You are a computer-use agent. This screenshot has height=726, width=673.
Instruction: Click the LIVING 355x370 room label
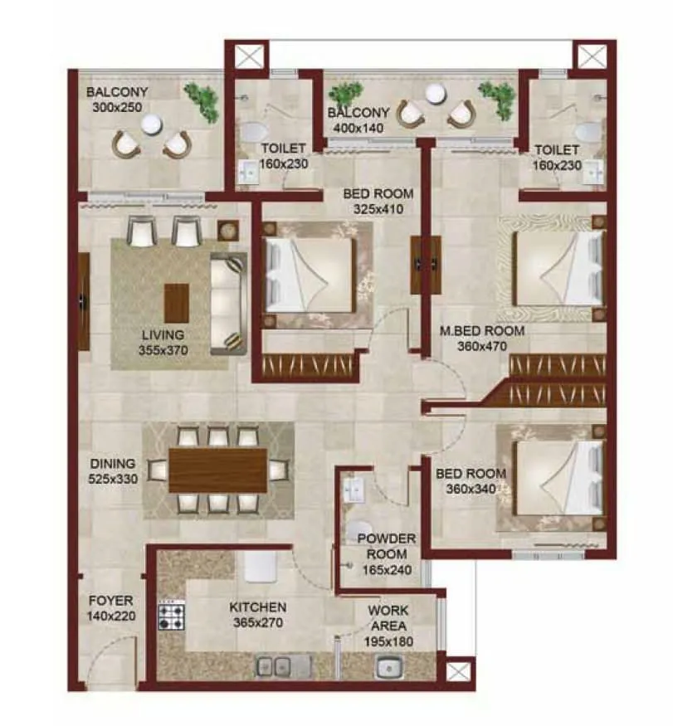pyautogui.click(x=163, y=342)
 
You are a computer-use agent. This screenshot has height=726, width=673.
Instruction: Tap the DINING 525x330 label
pyautogui.click(x=112, y=471)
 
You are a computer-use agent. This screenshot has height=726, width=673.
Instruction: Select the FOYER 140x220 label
pyautogui.click(x=110, y=607)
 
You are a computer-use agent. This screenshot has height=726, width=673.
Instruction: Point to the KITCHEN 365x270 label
pyautogui.click(x=258, y=615)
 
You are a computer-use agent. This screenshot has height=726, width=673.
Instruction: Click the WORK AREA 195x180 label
pyautogui.click(x=388, y=626)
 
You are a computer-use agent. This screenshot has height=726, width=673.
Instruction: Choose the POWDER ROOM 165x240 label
pyautogui.click(x=382, y=554)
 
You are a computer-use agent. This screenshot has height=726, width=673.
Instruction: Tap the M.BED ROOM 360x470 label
pyautogui.click(x=482, y=339)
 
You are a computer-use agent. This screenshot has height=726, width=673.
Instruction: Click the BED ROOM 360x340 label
pyautogui.click(x=466, y=481)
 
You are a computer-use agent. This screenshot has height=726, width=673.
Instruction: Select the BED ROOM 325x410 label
pyautogui.click(x=378, y=202)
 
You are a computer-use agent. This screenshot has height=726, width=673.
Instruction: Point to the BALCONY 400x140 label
pyautogui.click(x=358, y=121)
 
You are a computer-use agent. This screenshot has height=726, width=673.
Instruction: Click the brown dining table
pyautogui.click(x=217, y=470)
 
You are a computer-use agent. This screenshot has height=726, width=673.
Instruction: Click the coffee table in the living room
pyautogui.click(x=176, y=303)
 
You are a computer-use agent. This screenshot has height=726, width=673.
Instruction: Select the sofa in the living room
pyautogui.click(x=228, y=303)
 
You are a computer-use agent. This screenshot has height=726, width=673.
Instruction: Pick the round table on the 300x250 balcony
pyautogui.click(x=150, y=124)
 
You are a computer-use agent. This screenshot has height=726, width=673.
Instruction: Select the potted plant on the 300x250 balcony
pyautogui.click(x=202, y=100)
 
